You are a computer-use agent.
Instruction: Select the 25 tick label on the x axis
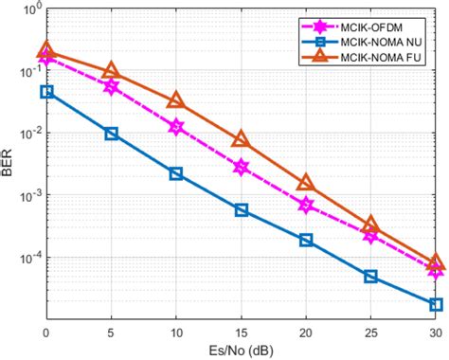(371, 333)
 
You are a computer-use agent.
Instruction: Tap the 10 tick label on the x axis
(176, 333)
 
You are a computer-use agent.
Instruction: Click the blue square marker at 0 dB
(46, 92)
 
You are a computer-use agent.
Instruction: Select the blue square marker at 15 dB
(242, 210)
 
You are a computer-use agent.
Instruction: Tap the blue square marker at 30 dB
(436, 304)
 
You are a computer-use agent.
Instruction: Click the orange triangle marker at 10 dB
(176, 100)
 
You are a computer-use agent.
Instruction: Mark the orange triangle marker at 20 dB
(306, 183)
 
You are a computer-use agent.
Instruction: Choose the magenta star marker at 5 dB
(112, 86)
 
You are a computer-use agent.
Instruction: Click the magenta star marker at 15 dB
(242, 167)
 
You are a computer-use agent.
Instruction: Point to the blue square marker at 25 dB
(371, 277)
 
